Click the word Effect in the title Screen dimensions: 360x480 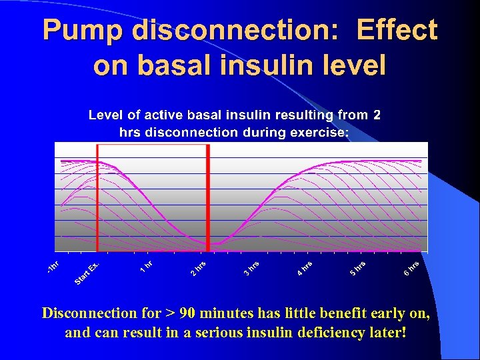[397, 31]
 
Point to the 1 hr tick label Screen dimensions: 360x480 [147, 267]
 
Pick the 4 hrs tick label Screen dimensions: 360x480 [305, 268]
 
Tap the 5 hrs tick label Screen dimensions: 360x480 [359, 268]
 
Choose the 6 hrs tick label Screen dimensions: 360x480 [412, 268]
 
